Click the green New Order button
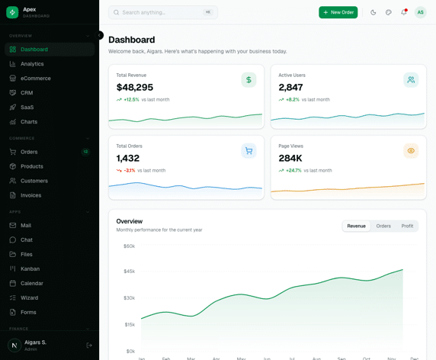click(338, 12)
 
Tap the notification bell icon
click(404, 12)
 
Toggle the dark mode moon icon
click(373, 12)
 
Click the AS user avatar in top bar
click(420, 12)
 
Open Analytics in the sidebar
click(32, 64)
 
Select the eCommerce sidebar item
click(36, 79)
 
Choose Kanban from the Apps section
click(30, 268)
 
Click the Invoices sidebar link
click(31, 195)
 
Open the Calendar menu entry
click(32, 283)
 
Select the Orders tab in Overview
click(383, 226)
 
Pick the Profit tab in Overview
click(407, 226)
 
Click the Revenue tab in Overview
click(356, 226)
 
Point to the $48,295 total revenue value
click(135, 88)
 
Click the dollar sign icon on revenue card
click(248, 80)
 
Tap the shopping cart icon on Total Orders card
click(248, 151)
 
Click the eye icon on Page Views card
click(411, 151)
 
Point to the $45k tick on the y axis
click(129, 272)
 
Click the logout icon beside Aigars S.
click(89, 346)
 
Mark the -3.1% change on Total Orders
click(129, 170)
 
